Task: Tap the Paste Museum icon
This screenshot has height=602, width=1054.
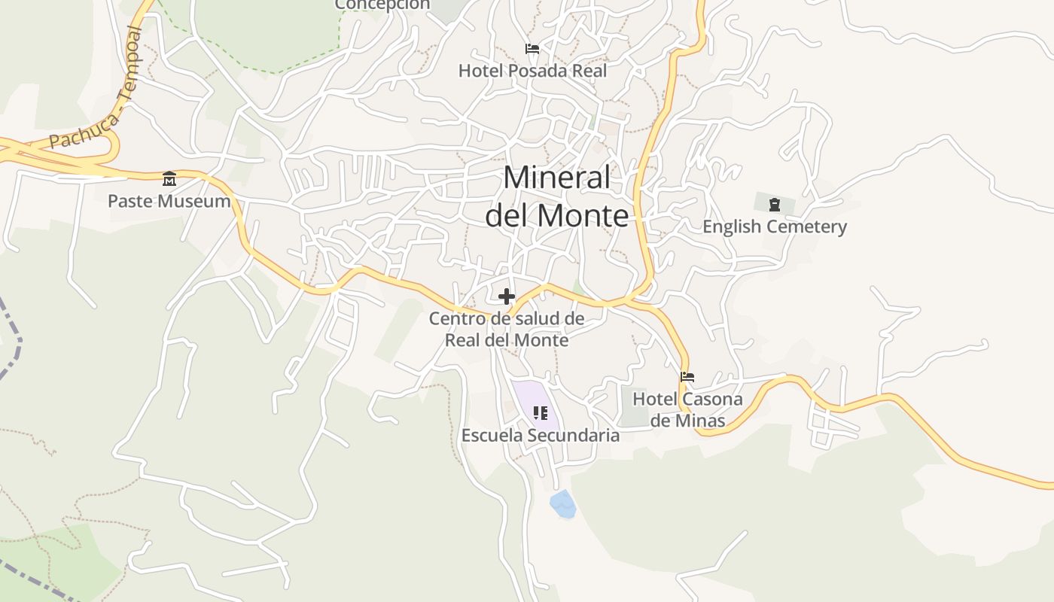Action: click(x=169, y=179)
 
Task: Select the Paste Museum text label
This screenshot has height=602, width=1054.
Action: click(x=169, y=201)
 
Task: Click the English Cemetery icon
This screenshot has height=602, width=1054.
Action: click(x=774, y=204)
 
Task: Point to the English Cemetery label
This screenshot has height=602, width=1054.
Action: click(x=775, y=227)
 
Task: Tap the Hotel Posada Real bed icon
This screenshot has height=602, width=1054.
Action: click(x=532, y=49)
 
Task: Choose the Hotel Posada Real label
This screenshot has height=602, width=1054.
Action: click(x=532, y=71)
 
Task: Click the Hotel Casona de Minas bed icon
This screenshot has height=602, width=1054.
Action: click(x=687, y=377)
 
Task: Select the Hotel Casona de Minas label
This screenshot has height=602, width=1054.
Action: click(x=687, y=409)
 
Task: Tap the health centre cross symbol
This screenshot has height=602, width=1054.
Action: click(x=507, y=296)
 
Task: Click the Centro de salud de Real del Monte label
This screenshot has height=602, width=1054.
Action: click(x=507, y=329)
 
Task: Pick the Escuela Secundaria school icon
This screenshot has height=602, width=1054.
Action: click(x=540, y=412)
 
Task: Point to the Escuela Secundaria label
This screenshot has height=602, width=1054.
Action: click(x=541, y=435)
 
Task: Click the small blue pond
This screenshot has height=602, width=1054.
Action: click(x=563, y=504)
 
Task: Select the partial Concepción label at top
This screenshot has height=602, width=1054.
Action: click(x=382, y=5)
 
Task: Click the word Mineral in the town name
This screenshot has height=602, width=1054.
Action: click(x=557, y=178)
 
